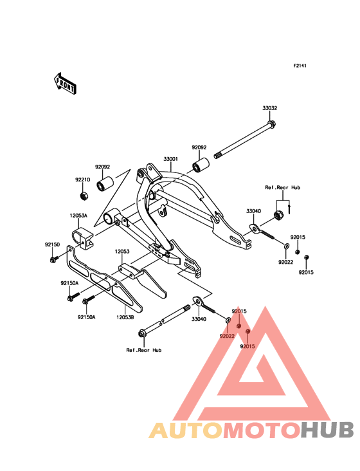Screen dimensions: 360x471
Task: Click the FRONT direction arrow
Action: click(x=65, y=83)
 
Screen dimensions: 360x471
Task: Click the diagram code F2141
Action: click(x=300, y=66)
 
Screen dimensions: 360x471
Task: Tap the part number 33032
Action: click(x=270, y=108)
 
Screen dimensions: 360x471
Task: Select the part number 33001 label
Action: click(x=171, y=158)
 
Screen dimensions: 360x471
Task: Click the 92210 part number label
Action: click(x=82, y=180)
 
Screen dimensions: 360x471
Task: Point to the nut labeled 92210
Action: click(x=84, y=196)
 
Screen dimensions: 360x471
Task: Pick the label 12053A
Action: click(x=78, y=216)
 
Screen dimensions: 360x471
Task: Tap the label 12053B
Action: click(x=125, y=317)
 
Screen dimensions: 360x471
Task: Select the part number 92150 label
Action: click(x=53, y=245)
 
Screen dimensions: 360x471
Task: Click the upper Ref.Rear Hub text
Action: click(x=282, y=187)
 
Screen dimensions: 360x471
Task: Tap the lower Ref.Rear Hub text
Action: click(x=144, y=350)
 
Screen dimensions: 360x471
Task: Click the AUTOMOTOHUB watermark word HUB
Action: click(x=328, y=430)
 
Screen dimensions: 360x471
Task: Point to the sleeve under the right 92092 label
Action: click(x=201, y=165)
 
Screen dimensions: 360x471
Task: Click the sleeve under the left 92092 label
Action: click(x=104, y=184)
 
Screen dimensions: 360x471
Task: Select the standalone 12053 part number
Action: click(x=122, y=251)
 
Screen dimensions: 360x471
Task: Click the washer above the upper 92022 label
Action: click(x=287, y=246)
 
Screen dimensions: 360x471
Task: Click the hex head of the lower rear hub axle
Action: click(x=141, y=333)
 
